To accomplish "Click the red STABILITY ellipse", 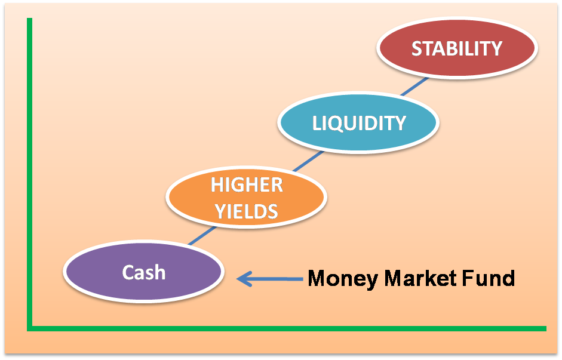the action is pyautogui.click(x=457, y=48).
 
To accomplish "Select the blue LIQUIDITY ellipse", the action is pyautogui.click(x=358, y=123).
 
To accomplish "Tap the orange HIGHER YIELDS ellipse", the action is pyautogui.click(x=247, y=198).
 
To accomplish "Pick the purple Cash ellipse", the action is pyautogui.click(x=144, y=272).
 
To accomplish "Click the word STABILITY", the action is pyautogui.click(x=457, y=48).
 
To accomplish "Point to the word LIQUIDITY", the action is pyautogui.click(x=359, y=123).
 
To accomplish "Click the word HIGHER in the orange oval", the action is pyautogui.click(x=247, y=185).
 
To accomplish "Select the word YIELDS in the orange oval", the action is pyautogui.click(x=246, y=211).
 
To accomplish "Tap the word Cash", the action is pyautogui.click(x=144, y=272).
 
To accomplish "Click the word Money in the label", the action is pyautogui.click(x=343, y=279).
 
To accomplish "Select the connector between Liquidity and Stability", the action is pyautogui.click(x=414, y=87).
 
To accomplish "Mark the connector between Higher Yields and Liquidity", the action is pyautogui.click(x=308, y=161).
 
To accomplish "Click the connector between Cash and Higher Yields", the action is pyautogui.click(x=202, y=235).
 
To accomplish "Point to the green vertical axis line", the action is pyautogui.click(x=29, y=174).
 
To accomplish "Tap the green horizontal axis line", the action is pyautogui.click(x=287, y=328).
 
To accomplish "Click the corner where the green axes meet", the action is pyautogui.click(x=29, y=328).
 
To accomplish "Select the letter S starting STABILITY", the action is pyautogui.click(x=416, y=48).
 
